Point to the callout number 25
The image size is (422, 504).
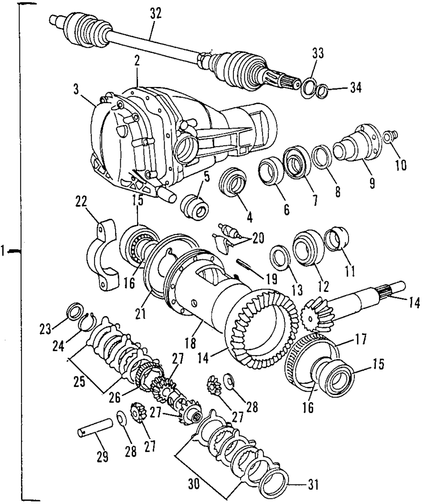tap(79, 381)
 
